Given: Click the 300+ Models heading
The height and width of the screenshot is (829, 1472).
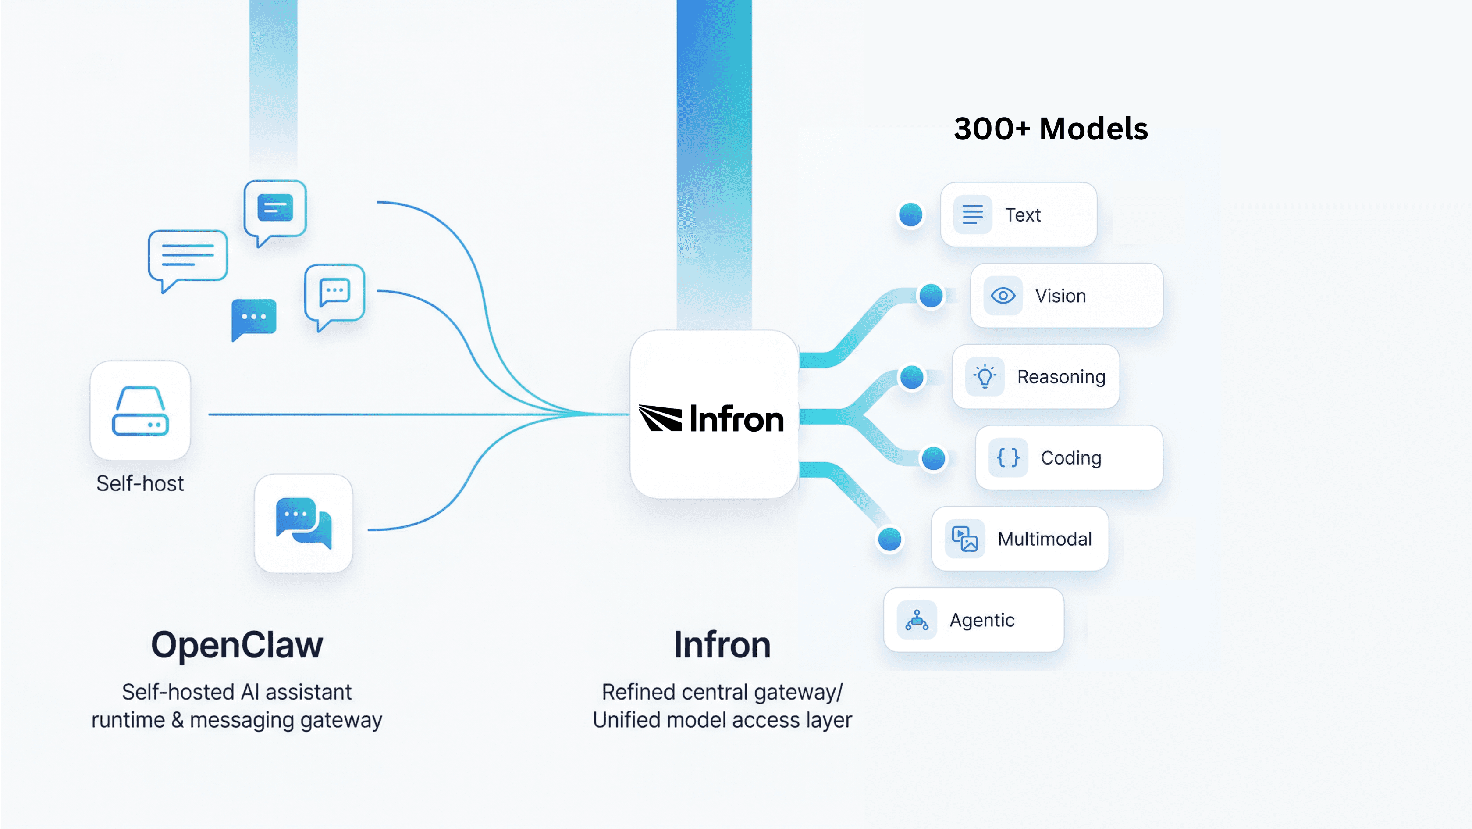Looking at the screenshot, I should [1050, 129].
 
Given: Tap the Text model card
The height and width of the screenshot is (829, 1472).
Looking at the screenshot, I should [1018, 215].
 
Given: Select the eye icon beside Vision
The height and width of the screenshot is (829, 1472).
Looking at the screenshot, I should [1003, 296].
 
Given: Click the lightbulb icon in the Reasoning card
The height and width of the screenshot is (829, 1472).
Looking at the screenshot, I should [985, 377].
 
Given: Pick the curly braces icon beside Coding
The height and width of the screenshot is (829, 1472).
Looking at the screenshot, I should [1008, 457].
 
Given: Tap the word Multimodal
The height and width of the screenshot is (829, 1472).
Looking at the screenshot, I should [1045, 539].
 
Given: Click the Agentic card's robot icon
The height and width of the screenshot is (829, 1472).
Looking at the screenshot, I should [917, 620].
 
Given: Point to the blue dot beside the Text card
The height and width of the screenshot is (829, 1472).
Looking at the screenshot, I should [910, 215].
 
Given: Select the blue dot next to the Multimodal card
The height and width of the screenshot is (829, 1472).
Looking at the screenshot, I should [890, 539].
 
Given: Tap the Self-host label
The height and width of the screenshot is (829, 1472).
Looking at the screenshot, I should [140, 484].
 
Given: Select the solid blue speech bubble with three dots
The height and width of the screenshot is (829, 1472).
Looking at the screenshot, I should [254, 318].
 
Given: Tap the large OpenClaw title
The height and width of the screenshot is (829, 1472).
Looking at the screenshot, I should [237, 645].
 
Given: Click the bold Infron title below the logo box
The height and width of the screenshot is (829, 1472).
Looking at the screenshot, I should [722, 645].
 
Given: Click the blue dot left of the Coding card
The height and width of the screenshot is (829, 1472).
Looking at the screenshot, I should [933, 458].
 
